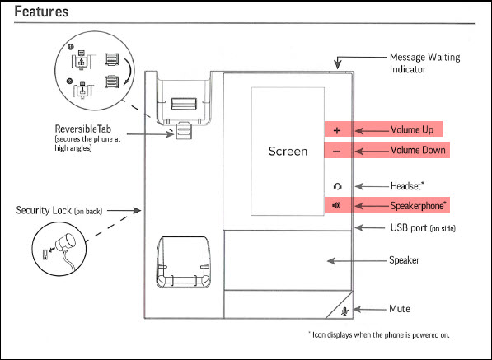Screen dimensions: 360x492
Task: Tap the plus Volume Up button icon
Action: (337, 130)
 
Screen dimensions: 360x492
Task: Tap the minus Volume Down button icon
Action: (337, 152)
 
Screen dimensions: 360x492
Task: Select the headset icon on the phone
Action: (337, 185)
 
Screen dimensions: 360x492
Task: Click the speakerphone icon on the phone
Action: (337, 204)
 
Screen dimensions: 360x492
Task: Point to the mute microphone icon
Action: (345, 310)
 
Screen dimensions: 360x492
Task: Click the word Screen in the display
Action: (288, 152)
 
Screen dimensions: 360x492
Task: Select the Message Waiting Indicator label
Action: (424, 63)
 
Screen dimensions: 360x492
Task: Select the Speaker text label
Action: (405, 260)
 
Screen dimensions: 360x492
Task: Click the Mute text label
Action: (400, 310)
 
